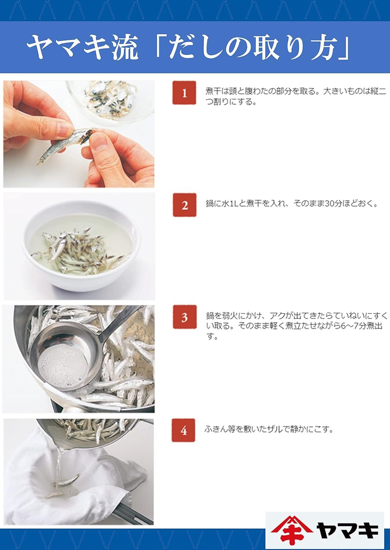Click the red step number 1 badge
tap(184, 93)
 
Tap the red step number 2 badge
tap(184, 205)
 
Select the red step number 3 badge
tap(184, 318)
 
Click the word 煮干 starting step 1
tap(212, 91)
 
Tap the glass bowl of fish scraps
tap(110, 99)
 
